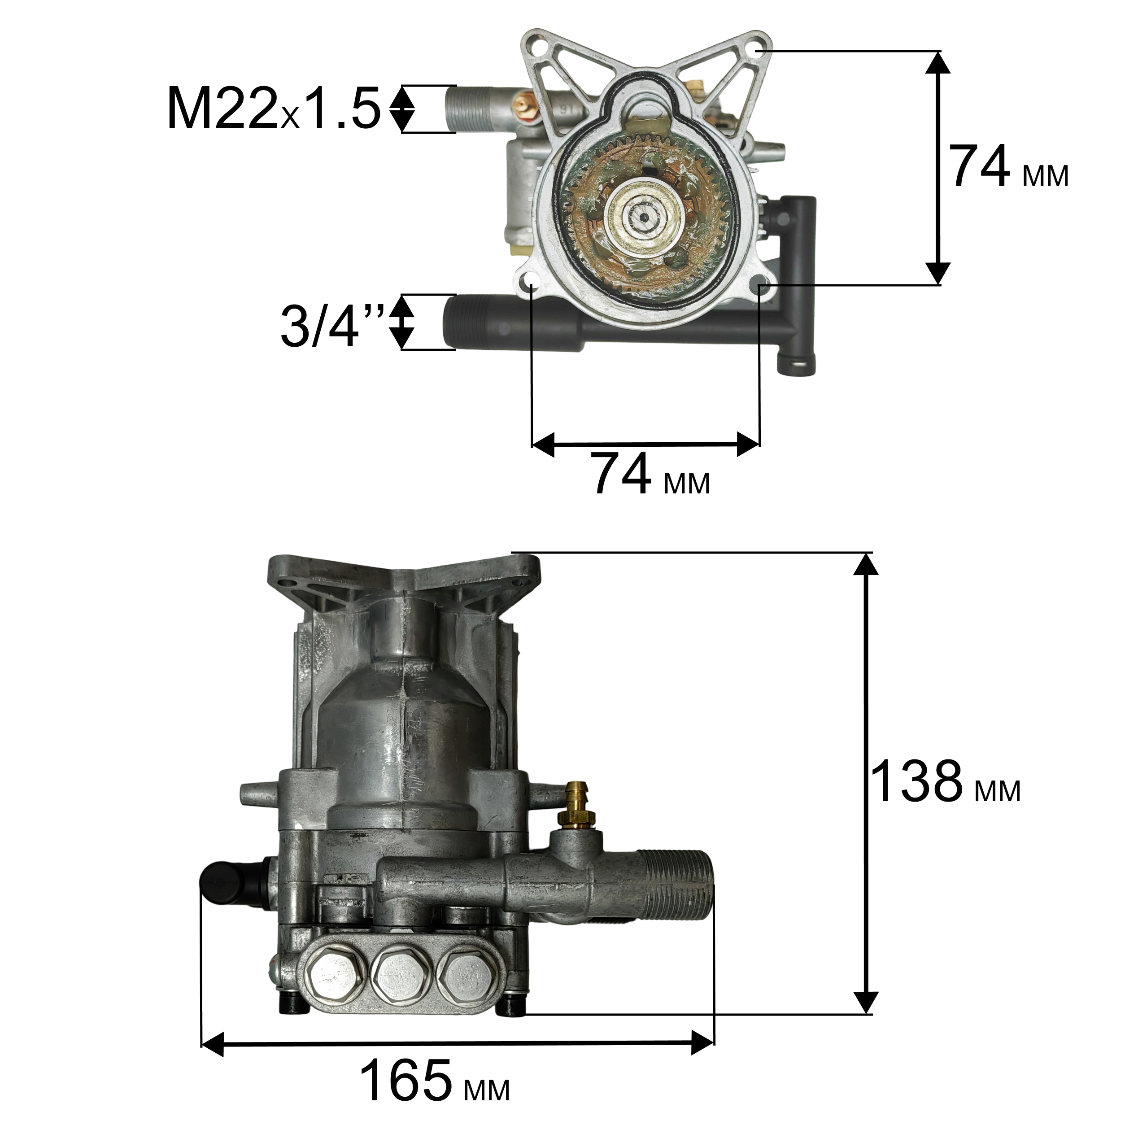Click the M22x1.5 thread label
pos(274,109)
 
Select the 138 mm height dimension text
pos(944,782)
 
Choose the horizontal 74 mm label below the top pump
pos(651,474)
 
